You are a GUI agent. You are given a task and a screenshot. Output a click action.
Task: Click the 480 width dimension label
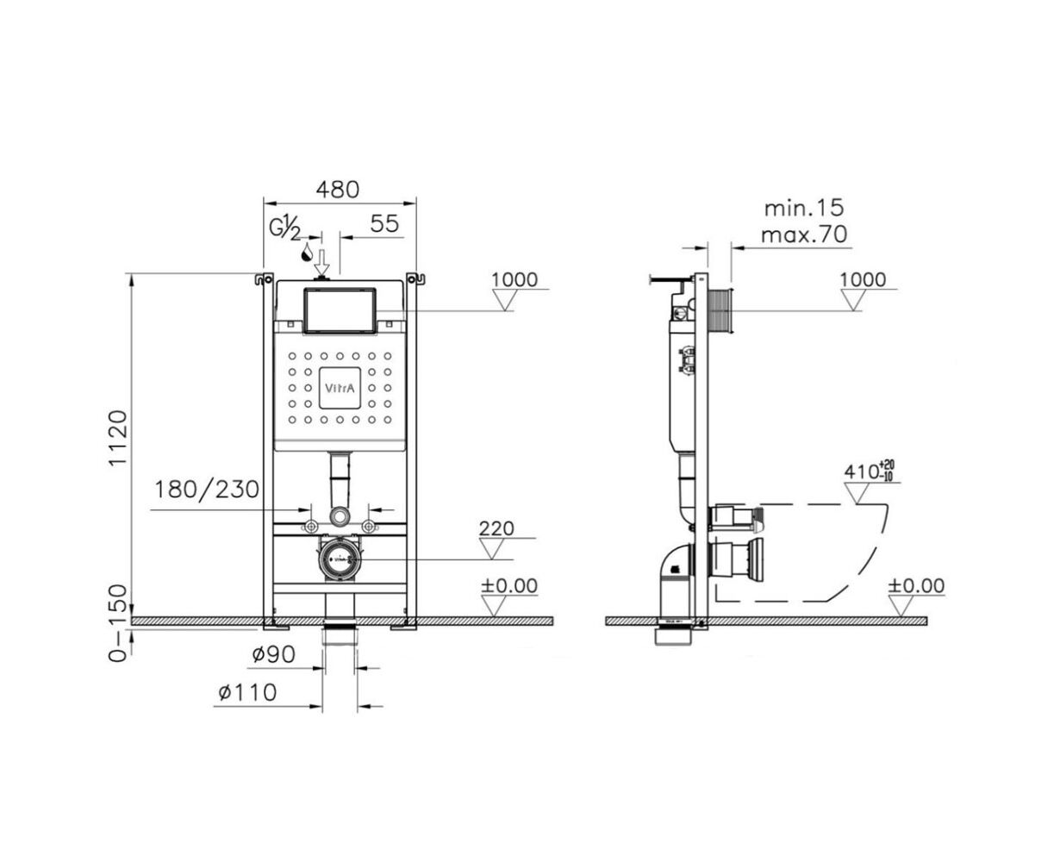click(337, 190)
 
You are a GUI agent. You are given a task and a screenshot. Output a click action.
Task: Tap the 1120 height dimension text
click(119, 438)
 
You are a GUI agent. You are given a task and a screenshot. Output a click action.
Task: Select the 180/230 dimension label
click(206, 490)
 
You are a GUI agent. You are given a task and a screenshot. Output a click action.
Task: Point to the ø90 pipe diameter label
click(273, 654)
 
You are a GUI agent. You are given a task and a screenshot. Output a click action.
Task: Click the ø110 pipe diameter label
click(247, 692)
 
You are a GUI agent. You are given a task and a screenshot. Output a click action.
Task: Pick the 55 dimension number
click(384, 223)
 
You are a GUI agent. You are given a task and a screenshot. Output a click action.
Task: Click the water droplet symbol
click(307, 253)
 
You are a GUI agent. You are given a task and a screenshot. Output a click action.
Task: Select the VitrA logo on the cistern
click(340, 388)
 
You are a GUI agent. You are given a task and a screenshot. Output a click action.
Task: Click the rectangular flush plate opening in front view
click(340, 310)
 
